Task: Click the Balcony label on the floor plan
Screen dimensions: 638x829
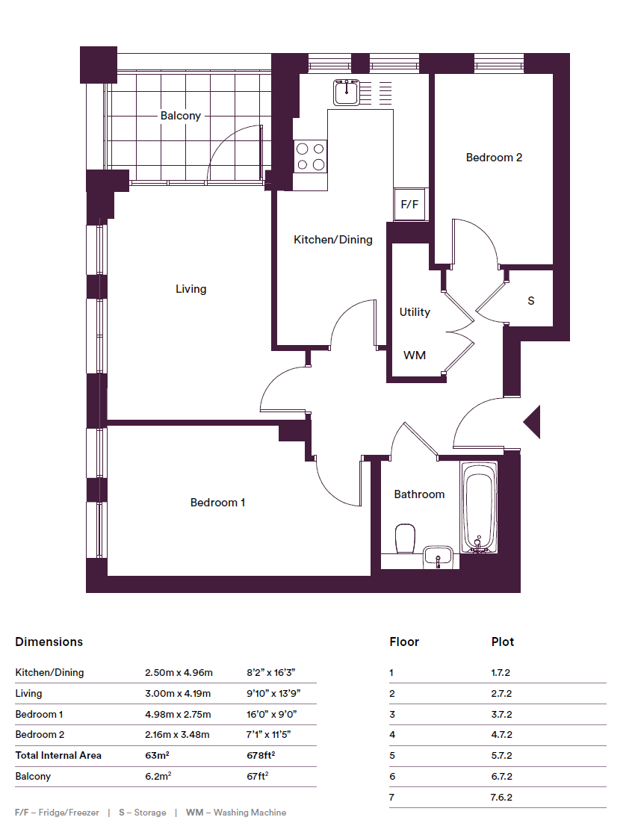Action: click(180, 115)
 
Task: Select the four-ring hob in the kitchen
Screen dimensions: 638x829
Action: click(311, 157)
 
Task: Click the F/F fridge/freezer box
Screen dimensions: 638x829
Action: click(410, 204)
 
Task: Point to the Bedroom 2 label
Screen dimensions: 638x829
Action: click(494, 157)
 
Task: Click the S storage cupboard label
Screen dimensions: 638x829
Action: click(530, 301)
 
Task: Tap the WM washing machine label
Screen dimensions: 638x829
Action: click(414, 355)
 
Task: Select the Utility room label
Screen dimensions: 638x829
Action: click(415, 312)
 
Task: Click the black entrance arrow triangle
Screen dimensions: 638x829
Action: click(532, 422)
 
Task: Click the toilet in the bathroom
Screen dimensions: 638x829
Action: click(405, 538)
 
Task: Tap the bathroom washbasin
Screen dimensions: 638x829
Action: click(438, 557)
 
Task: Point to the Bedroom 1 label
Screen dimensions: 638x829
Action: click(217, 503)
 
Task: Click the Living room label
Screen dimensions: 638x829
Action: click(191, 289)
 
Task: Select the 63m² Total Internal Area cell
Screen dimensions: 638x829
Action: click(157, 755)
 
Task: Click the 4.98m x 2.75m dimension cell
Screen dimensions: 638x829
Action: click(178, 714)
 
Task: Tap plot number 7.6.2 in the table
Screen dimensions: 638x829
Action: click(501, 798)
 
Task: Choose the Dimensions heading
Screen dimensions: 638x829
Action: click(49, 642)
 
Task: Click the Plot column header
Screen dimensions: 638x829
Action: click(503, 642)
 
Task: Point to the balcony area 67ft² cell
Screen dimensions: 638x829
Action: click(258, 776)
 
